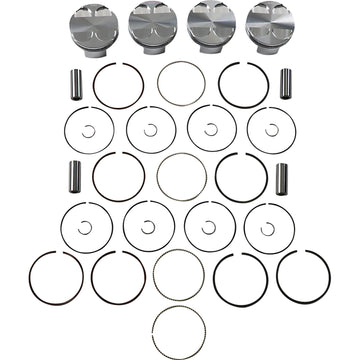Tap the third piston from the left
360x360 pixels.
pos(209,22)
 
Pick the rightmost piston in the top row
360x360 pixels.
pos(268,23)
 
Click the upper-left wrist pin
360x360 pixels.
pos(74,83)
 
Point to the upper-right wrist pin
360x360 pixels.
pos(285,83)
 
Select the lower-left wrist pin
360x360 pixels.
pos(74,177)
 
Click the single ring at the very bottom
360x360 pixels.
pos(180,328)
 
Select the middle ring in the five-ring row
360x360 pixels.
pos(179,274)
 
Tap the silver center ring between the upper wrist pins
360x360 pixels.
pos(181,84)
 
